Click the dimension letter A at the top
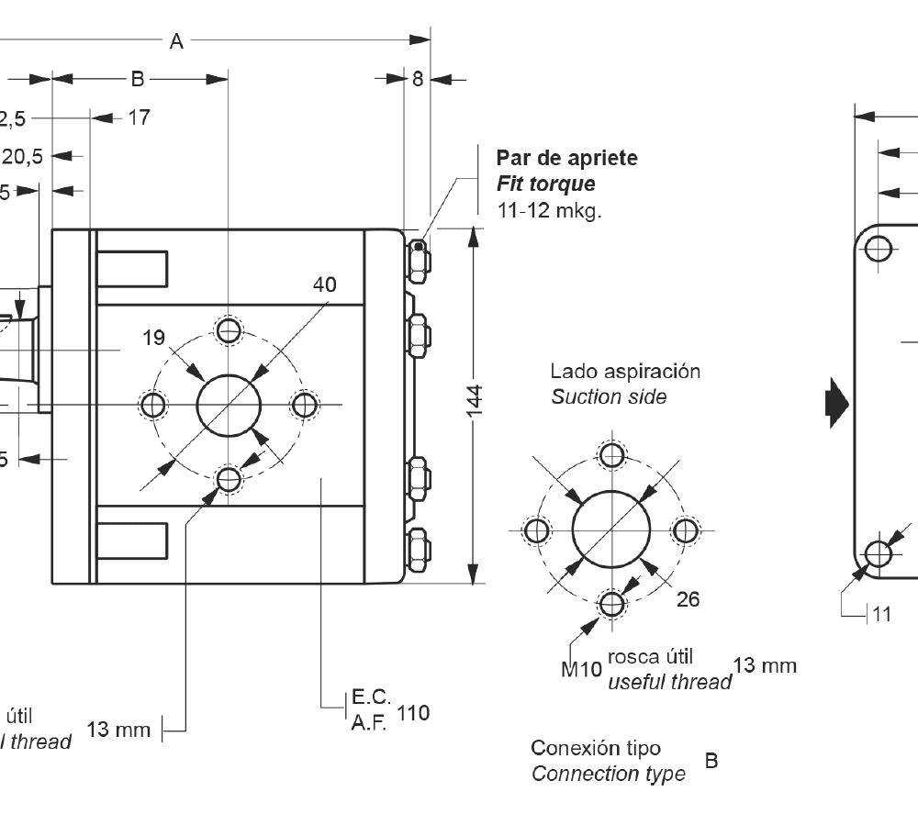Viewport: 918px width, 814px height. (x=176, y=40)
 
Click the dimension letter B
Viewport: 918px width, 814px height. (x=137, y=79)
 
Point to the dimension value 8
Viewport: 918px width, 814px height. (x=417, y=80)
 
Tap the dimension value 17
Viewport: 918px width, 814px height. (x=139, y=117)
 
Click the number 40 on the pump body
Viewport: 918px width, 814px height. (x=324, y=285)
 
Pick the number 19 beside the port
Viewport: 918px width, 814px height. (x=153, y=338)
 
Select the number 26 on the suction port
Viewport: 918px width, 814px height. (x=688, y=599)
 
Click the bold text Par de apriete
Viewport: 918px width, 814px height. (x=566, y=158)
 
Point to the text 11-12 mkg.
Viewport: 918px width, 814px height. (x=549, y=210)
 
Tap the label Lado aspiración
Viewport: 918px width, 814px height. (x=625, y=372)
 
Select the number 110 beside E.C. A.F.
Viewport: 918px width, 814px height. (x=414, y=712)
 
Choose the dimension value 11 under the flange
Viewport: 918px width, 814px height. (x=881, y=614)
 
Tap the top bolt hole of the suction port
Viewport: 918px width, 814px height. (x=611, y=453)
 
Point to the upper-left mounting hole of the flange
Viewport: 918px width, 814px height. (x=879, y=248)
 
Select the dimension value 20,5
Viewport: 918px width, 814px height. (x=22, y=156)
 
